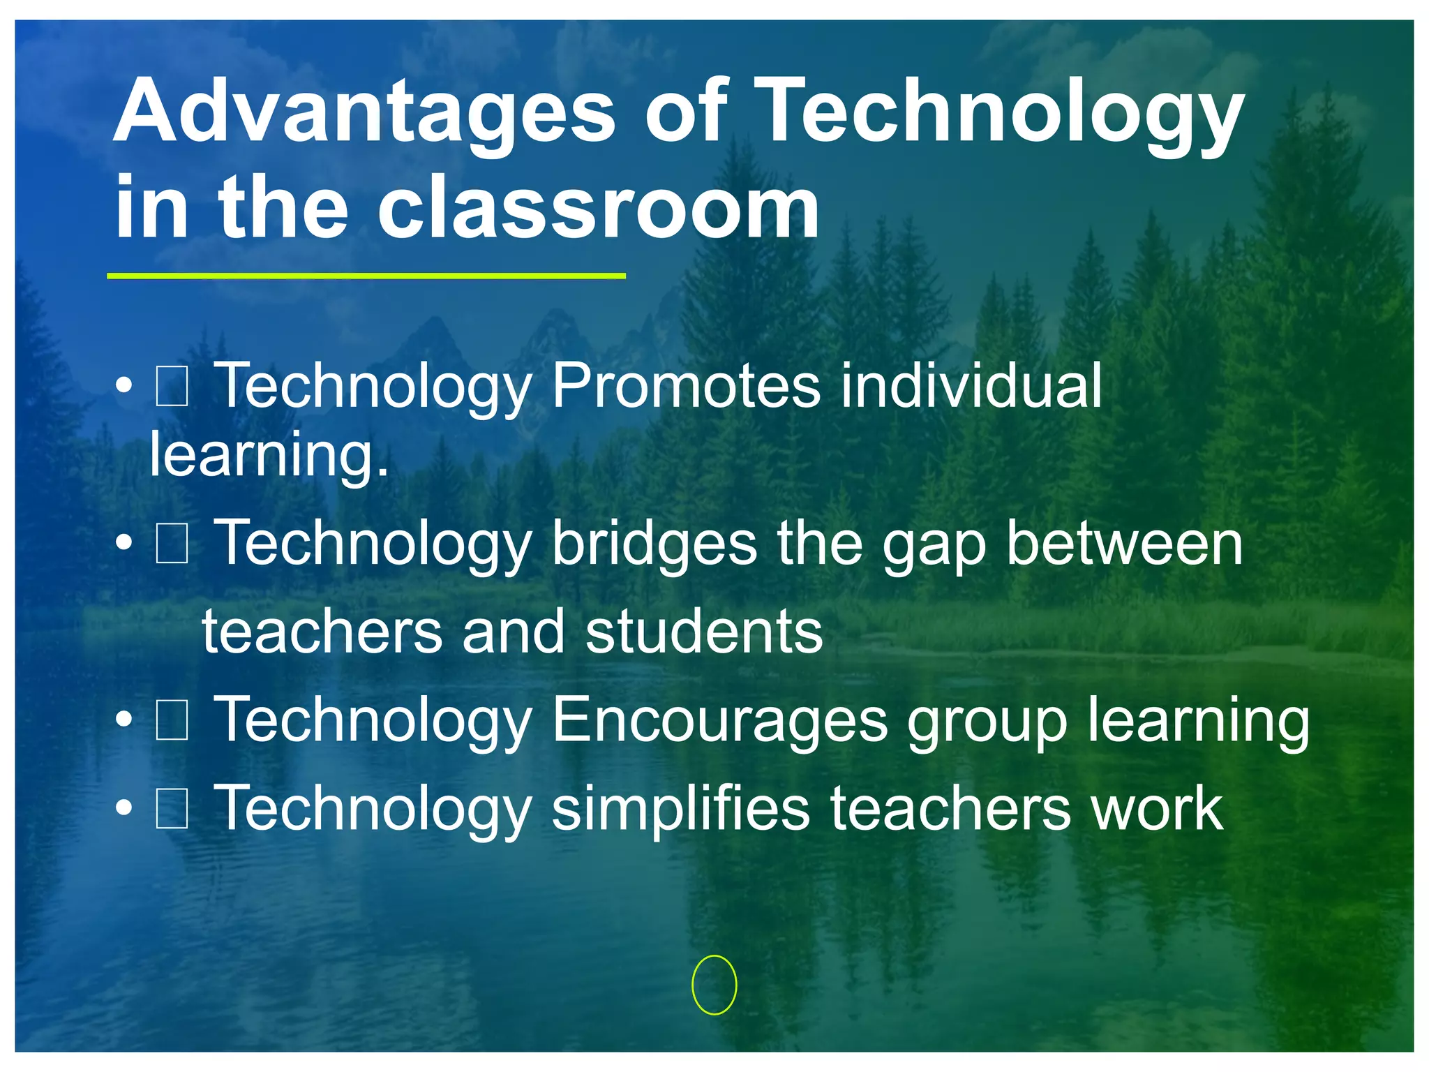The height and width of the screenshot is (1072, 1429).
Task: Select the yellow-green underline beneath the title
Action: pos(366,276)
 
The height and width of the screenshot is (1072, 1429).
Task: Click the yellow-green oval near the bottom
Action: pos(714,984)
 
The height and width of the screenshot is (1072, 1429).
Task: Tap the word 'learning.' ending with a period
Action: pos(269,456)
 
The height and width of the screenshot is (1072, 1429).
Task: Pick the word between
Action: pos(1124,544)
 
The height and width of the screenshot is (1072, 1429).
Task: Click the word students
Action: pos(704,632)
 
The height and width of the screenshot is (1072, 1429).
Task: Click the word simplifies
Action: pos(680,810)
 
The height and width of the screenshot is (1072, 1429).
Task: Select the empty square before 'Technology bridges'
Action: pos(172,544)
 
